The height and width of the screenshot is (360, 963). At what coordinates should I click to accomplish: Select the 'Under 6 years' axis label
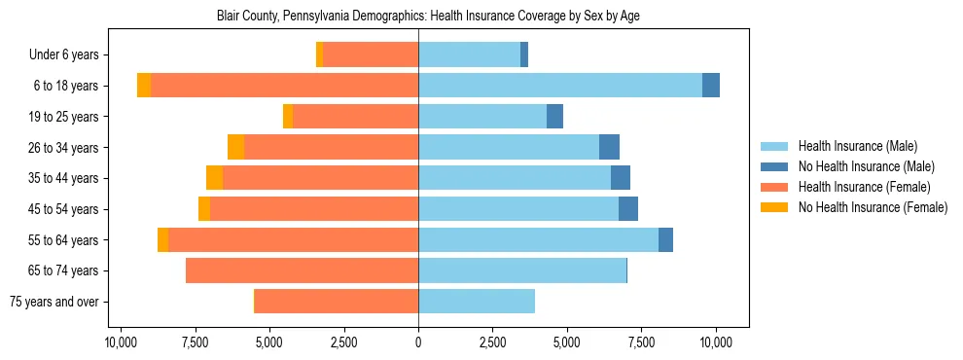[70, 54]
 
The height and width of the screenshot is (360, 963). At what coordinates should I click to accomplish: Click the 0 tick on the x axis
[418, 342]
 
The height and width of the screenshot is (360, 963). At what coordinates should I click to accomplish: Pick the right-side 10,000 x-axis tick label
[716, 342]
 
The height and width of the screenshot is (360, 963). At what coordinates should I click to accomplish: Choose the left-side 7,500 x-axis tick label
[195, 342]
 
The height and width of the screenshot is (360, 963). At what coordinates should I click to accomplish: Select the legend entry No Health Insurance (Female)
[873, 207]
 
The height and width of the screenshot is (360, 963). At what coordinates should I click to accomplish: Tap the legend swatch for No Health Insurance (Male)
[774, 166]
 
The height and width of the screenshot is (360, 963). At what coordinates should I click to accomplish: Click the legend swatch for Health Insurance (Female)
[774, 187]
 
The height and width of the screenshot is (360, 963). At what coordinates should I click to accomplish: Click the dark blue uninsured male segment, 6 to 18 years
[711, 86]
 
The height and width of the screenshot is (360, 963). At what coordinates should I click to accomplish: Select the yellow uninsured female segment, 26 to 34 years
[235, 147]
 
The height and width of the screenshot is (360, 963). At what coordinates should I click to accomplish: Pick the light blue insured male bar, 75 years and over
[477, 302]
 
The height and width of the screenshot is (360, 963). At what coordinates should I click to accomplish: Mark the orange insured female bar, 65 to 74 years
[302, 270]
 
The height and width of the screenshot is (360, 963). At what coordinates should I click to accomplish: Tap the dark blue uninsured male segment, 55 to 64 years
[665, 239]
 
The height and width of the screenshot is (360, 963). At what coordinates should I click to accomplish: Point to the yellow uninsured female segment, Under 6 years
[319, 54]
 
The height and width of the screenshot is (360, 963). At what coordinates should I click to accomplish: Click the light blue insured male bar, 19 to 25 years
[482, 117]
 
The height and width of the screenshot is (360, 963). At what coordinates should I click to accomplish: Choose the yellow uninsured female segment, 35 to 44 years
[214, 178]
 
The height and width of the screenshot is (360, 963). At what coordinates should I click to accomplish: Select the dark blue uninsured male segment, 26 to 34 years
[609, 147]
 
